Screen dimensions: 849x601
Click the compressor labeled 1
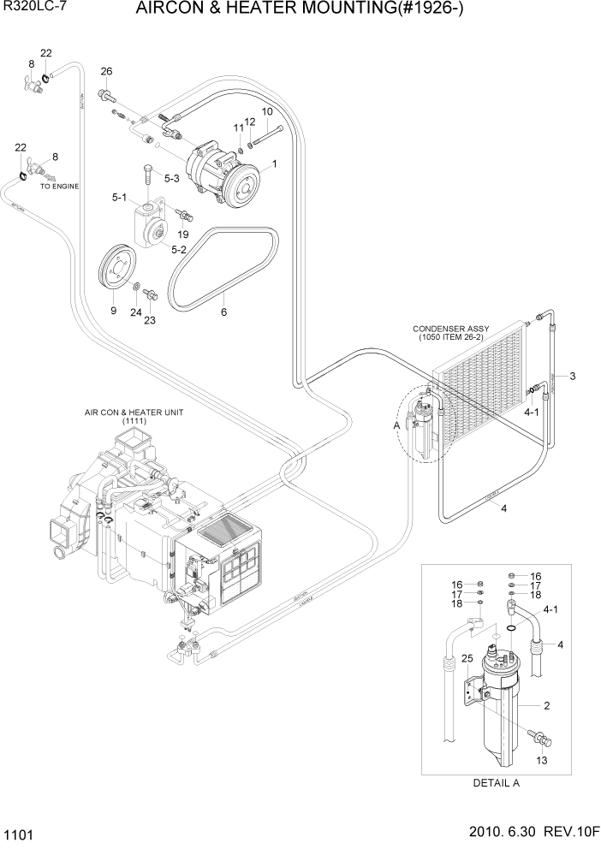coord(225,171)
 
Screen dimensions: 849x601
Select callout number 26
coord(106,71)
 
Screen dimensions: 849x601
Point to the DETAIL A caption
coord(497,782)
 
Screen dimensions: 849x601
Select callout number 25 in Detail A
coord(443,658)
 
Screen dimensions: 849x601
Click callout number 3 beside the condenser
coord(573,377)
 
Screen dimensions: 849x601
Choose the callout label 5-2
coord(180,250)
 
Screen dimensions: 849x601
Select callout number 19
coord(182,233)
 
